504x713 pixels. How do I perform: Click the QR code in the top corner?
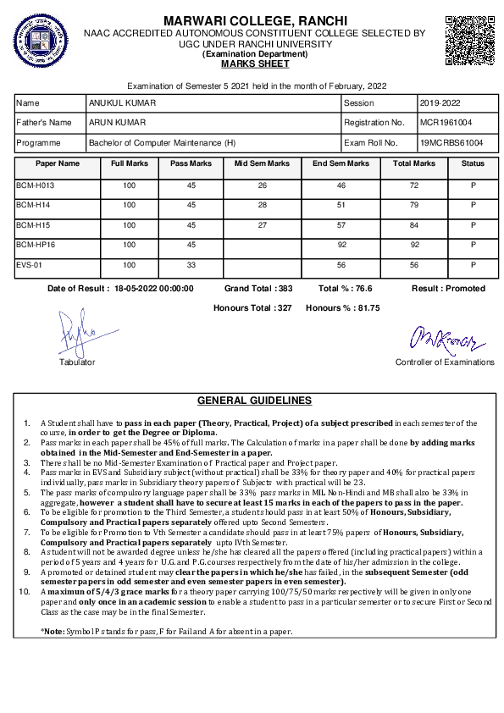coord(468,39)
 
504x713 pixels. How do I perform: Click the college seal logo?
coord(39,41)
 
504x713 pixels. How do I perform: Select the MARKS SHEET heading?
coord(254,64)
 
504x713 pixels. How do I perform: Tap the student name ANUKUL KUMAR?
coord(122,103)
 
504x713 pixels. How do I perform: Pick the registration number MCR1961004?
coord(446,123)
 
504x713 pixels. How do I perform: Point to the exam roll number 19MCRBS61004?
coord(452,143)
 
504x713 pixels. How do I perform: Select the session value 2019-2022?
coord(440,103)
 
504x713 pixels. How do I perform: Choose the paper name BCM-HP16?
coord(36,245)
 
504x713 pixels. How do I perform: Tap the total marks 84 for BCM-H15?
coord(414,224)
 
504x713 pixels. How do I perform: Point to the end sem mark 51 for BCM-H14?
coord(341,204)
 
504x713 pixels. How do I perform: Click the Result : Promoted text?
coord(448,289)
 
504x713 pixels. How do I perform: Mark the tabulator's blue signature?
coord(75,334)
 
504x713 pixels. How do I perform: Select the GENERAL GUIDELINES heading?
coord(254,401)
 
